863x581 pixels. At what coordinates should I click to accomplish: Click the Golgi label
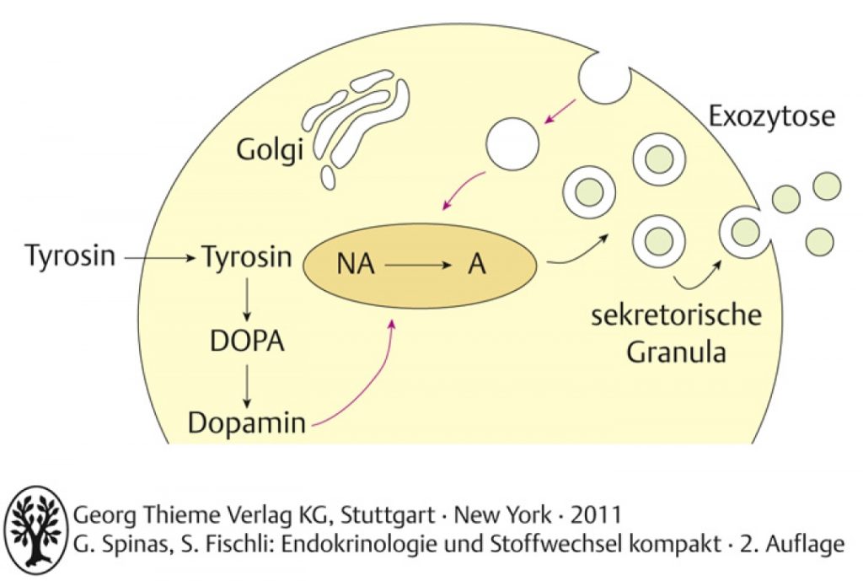tap(270, 150)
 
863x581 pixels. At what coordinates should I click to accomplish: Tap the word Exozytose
tap(772, 116)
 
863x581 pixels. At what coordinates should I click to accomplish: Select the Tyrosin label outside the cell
tap(71, 256)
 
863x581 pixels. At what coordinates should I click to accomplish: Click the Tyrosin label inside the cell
tap(247, 256)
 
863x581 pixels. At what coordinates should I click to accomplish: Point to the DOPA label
tap(247, 342)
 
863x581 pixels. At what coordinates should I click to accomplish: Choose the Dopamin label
tap(247, 422)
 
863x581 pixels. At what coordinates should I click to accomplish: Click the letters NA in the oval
tap(355, 264)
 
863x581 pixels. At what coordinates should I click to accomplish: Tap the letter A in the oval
tap(477, 264)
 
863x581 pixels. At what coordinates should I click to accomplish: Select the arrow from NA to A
tap(419, 266)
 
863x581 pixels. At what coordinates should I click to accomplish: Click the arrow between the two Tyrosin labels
tap(159, 257)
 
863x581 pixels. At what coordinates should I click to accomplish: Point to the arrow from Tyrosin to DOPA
tap(247, 299)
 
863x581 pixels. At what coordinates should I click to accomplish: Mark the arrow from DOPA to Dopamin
tap(247, 385)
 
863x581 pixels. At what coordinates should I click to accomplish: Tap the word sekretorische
tap(677, 315)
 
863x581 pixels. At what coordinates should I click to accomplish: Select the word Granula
tap(676, 352)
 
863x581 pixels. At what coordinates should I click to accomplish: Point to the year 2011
tap(596, 515)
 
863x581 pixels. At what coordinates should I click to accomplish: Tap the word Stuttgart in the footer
tap(388, 515)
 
